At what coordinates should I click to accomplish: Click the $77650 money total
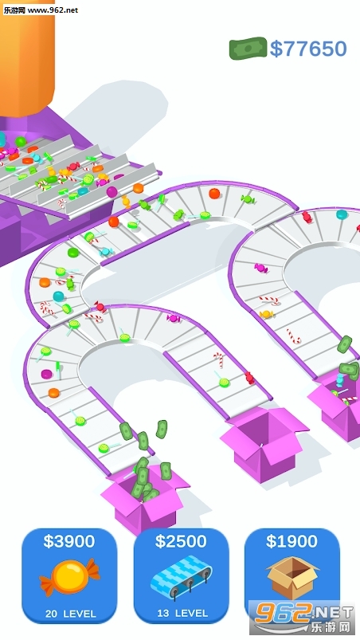308,49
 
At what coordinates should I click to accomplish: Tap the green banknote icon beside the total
248,48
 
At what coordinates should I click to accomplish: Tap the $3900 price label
69,541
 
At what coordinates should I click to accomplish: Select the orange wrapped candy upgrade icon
70,578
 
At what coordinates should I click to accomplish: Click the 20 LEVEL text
71,614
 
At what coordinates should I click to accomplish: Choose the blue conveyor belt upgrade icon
182,578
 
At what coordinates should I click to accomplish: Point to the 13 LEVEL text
182,613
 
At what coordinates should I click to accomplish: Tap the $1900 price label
292,541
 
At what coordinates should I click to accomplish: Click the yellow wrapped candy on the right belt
266,314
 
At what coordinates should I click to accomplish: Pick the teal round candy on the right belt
342,214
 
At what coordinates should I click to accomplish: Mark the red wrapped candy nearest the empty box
249,378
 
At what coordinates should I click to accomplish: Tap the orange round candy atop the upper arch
214,194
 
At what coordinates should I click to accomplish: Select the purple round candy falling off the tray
112,191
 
